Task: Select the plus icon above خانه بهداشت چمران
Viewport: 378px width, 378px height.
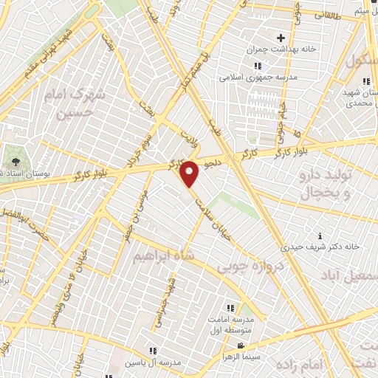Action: [x=281, y=38]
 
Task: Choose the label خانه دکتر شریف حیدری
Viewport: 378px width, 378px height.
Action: [x=318, y=246]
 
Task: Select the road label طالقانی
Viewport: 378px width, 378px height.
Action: [x=329, y=14]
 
